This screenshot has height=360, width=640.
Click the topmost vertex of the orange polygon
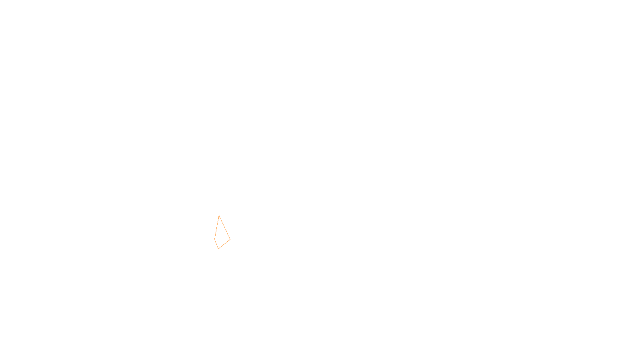click(x=219, y=216)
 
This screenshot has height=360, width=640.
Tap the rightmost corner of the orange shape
click(x=230, y=239)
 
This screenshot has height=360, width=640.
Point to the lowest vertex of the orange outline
click(x=218, y=249)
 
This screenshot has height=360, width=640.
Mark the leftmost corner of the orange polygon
click(x=215, y=238)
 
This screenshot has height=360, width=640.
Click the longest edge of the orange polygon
click(x=224, y=227)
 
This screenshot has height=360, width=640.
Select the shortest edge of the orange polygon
click(x=216, y=244)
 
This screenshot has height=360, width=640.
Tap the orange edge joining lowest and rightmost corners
click(x=224, y=244)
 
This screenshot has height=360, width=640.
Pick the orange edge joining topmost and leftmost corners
click(x=217, y=227)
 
